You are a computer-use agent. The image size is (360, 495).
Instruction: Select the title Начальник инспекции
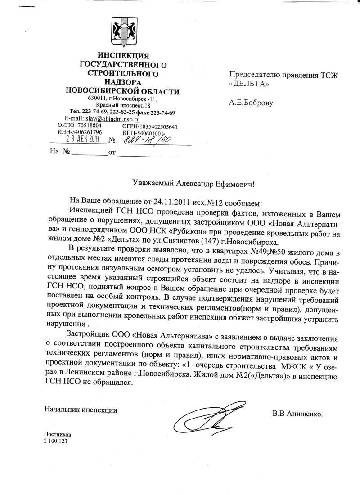coord(81,409)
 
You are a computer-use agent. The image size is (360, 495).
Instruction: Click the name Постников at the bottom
coord(58,435)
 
